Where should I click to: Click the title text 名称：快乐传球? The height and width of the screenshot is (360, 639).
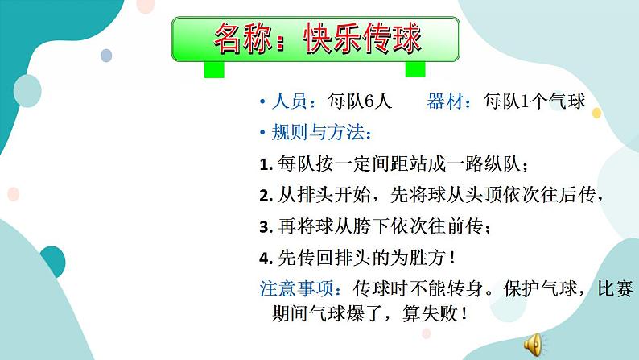point(315,37)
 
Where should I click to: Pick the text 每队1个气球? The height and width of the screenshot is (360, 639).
point(533,101)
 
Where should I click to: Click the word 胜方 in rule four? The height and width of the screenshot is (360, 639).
point(424,259)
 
